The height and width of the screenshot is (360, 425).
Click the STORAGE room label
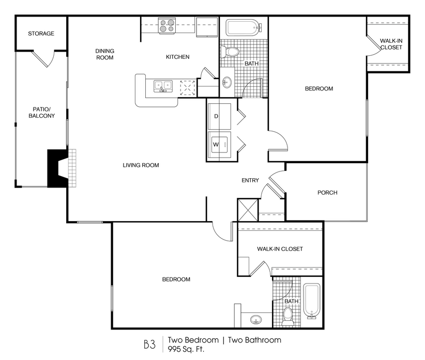[x=41, y=34]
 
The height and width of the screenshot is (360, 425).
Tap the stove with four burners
[x=167, y=26]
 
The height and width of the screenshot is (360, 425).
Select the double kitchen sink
[x=163, y=86]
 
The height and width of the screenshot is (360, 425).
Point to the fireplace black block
[x=57, y=168]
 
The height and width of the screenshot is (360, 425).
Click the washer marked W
[x=219, y=145]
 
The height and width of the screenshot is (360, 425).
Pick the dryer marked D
[x=219, y=116]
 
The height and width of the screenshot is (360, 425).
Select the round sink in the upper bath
[x=227, y=82]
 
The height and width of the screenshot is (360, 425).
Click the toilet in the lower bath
[x=287, y=316]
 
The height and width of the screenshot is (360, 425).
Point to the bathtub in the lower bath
[x=312, y=301]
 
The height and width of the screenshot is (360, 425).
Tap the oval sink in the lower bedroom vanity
[x=255, y=319]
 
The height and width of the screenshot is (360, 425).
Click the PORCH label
[x=327, y=193]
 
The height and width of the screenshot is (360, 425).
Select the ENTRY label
[x=250, y=180]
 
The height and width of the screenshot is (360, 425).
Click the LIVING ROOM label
[x=141, y=165]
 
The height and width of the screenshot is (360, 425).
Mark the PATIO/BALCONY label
[x=42, y=113]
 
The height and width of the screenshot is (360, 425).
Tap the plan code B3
[x=149, y=345]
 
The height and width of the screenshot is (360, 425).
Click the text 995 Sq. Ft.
[x=186, y=349]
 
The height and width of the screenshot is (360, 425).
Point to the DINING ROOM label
[x=105, y=54]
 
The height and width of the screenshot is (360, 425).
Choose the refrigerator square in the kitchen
[x=207, y=27]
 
